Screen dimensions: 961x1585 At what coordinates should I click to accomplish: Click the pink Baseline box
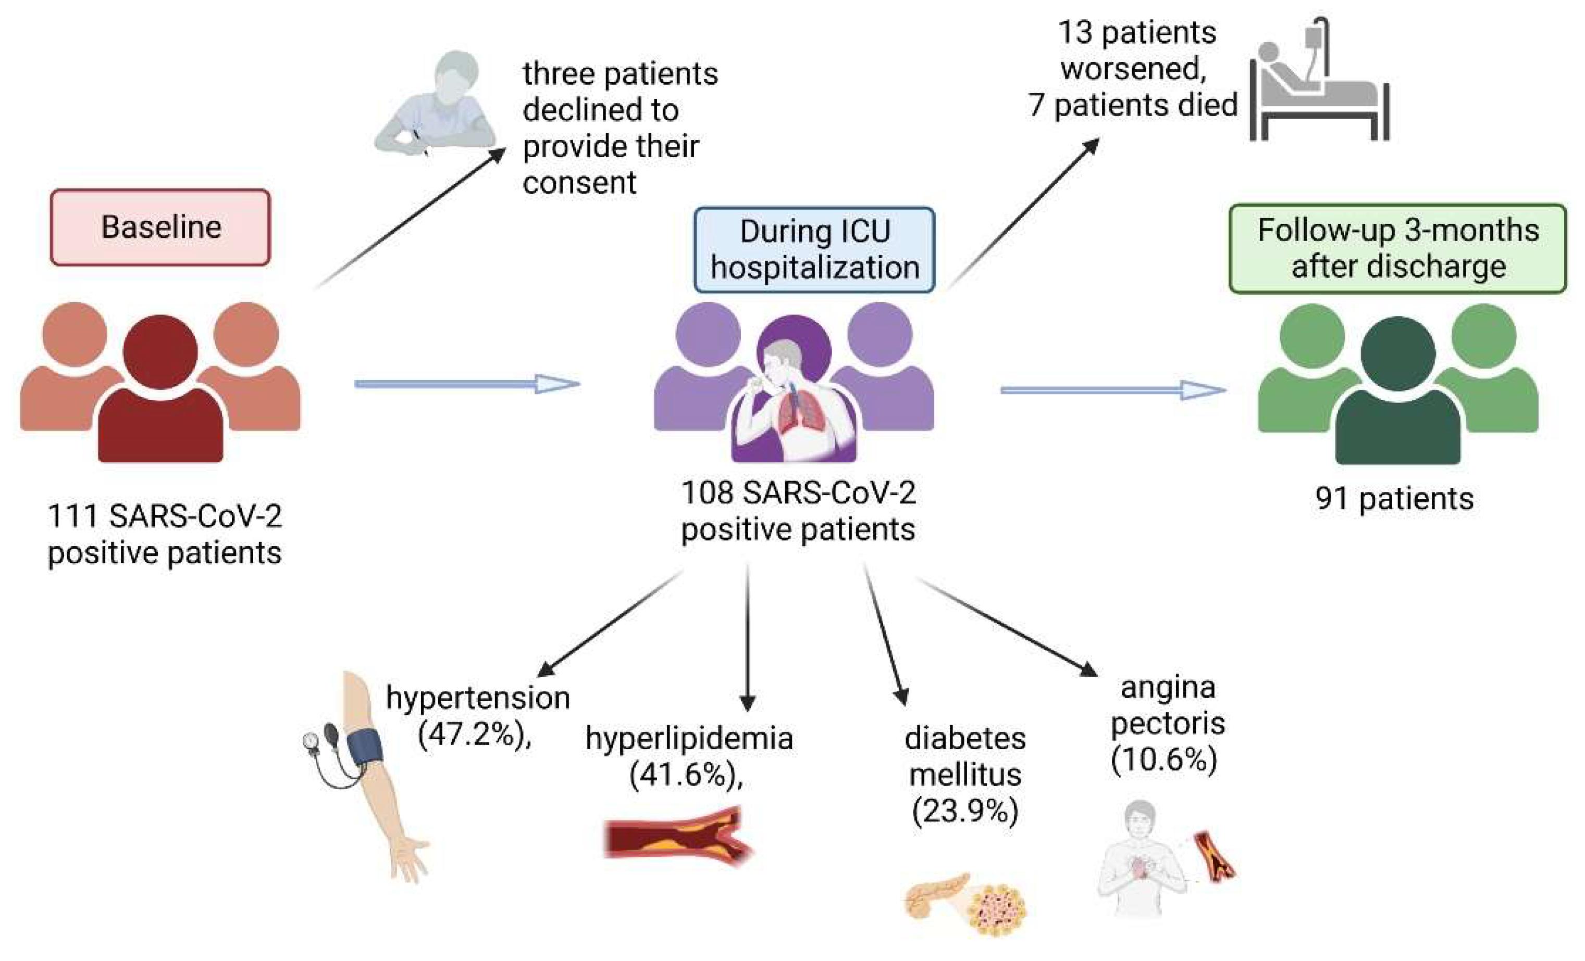tap(160, 227)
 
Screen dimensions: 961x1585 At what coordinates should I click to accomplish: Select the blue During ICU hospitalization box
tap(814, 249)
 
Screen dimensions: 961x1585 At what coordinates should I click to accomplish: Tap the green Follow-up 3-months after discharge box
tap(1397, 248)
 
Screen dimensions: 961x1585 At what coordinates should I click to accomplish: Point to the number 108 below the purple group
tap(707, 493)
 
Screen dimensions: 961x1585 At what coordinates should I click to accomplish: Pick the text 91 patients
tap(1394, 499)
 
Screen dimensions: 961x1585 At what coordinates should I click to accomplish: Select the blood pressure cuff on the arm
tap(365, 745)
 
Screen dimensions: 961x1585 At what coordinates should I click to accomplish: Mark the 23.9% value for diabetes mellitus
tap(964, 811)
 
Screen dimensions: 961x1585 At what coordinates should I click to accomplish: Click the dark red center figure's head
tap(160, 351)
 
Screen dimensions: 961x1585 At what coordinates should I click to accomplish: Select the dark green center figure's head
tap(1398, 353)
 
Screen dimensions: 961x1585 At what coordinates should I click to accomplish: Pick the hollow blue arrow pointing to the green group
tap(1113, 389)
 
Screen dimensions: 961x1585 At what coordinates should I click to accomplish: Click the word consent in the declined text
tap(579, 183)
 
